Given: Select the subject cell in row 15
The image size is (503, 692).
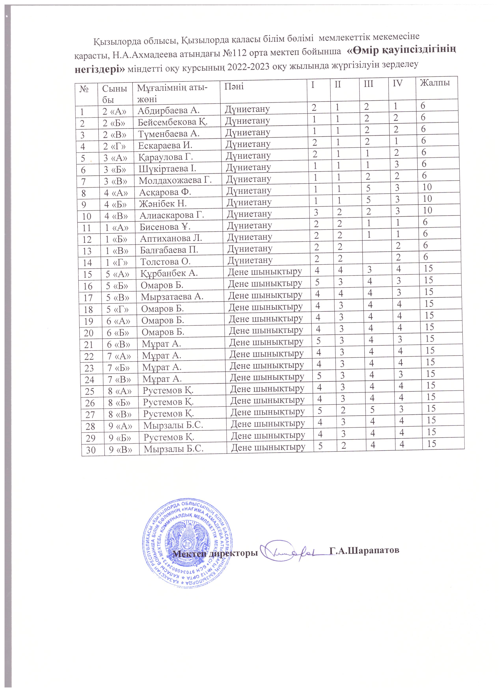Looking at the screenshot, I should (x=265, y=271).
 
